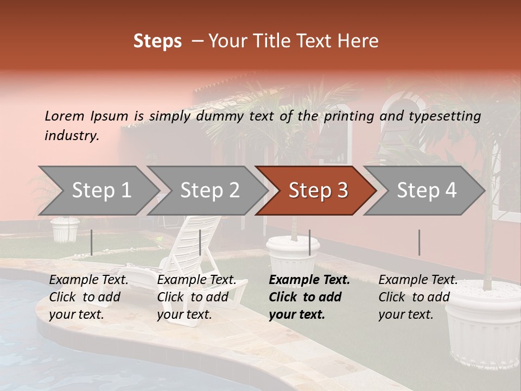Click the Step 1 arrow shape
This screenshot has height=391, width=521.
coord(101,191)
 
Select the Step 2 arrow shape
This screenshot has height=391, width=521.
coord(209,191)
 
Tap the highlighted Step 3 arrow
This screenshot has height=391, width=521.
coord(317,191)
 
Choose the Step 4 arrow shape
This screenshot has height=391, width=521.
coord(426,191)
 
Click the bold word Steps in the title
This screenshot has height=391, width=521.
coord(157,41)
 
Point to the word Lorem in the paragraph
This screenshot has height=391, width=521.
coord(65,116)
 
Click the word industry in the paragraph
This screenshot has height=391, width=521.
coord(72,136)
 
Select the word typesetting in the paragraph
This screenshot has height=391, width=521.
coord(444,116)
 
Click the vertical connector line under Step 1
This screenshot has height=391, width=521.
coord(92,242)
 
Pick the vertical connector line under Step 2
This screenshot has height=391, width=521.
coord(200,242)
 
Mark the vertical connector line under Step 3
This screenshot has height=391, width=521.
coord(309,242)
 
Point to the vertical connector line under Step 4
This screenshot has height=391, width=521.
coord(419,242)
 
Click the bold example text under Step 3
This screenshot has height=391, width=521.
coord(309,297)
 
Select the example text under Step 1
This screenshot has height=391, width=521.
coord(88,297)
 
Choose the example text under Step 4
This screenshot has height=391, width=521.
coord(417,297)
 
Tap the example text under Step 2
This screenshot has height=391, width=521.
coord(196,297)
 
